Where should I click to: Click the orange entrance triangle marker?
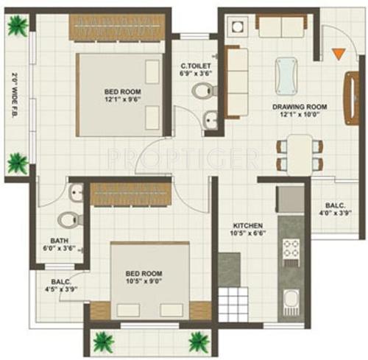coord(338,54)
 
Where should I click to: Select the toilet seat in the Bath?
coord(68,219)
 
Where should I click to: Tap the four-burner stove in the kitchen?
coord(290,251)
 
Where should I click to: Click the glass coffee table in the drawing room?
coord(283,72)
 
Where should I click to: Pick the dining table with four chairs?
coord(299,155)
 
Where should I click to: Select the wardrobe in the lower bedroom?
coord(130,194)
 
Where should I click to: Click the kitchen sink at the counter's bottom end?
coord(290,302)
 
